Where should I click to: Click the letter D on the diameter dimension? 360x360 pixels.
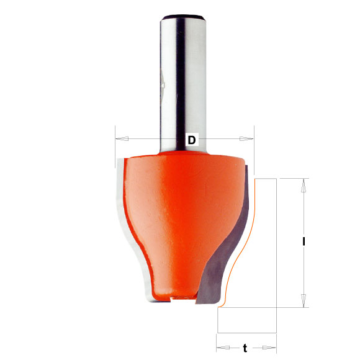(x=192, y=140)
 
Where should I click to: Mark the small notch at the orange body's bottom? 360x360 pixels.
(x=173, y=299)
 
